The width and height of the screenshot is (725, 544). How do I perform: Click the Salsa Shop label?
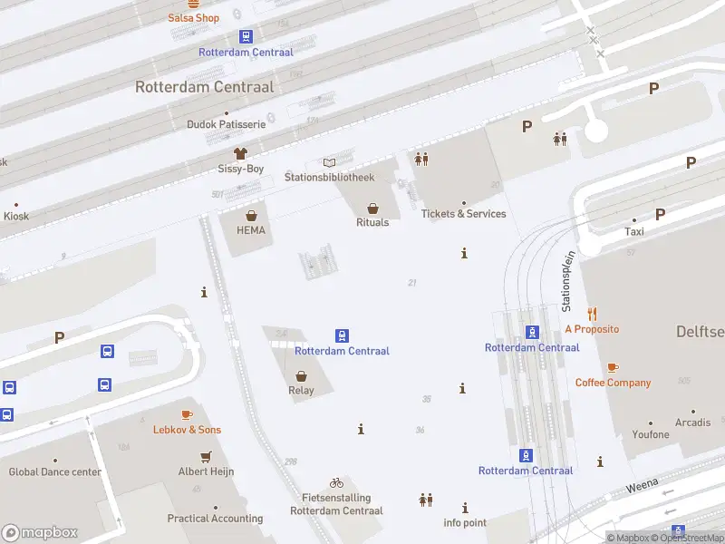[194, 18]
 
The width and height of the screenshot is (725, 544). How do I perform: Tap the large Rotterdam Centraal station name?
[204, 87]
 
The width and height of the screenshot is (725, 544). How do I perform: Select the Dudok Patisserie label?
[226, 124]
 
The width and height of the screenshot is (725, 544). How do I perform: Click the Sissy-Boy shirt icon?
[240, 153]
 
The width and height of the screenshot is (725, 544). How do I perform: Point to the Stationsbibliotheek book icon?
[329, 161]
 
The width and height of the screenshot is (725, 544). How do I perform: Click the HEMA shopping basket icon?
[251, 216]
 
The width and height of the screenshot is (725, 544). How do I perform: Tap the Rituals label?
[372, 222]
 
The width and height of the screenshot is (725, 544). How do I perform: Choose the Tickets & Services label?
[463, 214]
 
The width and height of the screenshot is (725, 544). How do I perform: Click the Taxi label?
[634, 231]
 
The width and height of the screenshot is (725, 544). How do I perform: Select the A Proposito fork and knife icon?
[593, 314]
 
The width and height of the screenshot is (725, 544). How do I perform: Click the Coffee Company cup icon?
[613, 367]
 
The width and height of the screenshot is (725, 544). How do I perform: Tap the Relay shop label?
[301, 391]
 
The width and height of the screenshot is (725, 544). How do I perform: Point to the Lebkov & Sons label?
[187, 430]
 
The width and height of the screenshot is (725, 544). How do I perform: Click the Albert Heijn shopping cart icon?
[207, 456]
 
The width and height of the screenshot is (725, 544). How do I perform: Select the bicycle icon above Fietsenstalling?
[336, 482]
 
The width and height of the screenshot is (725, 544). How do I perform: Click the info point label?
[465, 523]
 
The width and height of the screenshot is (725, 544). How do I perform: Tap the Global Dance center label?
[55, 471]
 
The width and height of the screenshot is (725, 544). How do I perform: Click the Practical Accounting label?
[215, 519]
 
